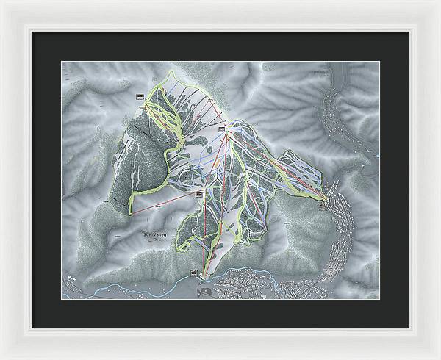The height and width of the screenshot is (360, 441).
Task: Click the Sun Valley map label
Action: [x=156, y=235]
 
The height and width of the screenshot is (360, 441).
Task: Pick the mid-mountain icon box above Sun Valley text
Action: [x=198, y=194]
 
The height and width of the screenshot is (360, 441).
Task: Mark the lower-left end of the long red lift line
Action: [x=132, y=213]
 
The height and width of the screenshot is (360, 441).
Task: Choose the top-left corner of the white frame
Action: [x=3, y=3]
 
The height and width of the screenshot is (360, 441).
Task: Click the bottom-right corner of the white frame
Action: [x=438, y=357]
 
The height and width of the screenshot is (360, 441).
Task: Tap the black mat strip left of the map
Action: [x=45, y=180]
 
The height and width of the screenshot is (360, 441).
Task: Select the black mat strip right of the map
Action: [x=395, y=180]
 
